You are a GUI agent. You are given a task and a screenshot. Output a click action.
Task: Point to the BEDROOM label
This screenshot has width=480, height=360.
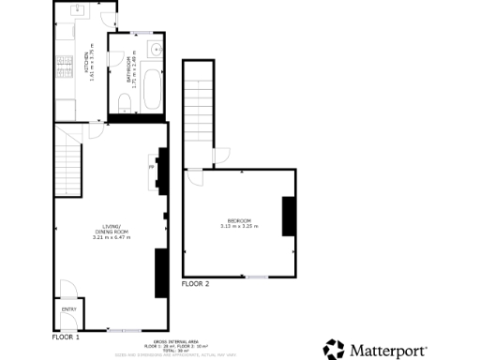238,223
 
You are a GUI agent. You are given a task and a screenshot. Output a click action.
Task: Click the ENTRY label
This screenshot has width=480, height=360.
68,308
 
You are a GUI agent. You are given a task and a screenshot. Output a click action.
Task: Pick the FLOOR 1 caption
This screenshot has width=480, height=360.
66,336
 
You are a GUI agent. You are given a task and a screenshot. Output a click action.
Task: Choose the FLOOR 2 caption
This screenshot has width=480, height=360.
195,283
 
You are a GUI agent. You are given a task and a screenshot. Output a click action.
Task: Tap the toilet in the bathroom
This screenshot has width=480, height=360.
126,97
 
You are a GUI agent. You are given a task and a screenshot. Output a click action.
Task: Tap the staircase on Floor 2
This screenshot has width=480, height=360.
198,103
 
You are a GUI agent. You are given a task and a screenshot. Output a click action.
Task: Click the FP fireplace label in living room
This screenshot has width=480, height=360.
151,168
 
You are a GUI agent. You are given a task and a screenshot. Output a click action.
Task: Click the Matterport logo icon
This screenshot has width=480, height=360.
333,350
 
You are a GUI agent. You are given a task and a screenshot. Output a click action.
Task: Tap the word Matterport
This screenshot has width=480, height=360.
388,351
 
